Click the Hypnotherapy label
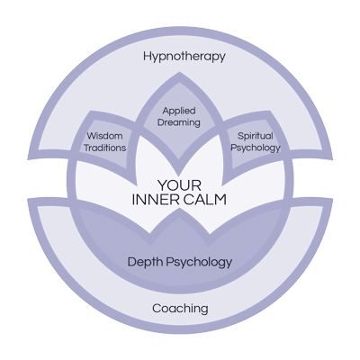pyautogui.click(x=184, y=57)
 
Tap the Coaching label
pyautogui.click(x=180, y=309)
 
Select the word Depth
pyautogui.click(x=146, y=263)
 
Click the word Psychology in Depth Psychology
pyautogui.click(x=199, y=263)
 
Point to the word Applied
pyautogui.click(x=179, y=112)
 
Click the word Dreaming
pyautogui.click(x=179, y=122)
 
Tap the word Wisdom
pyautogui.click(x=104, y=136)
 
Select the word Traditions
pyautogui.click(x=104, y=148)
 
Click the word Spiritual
pyautogui.click(x=256, y=137)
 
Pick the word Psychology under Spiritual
pyautogui.click(x=256, y=148)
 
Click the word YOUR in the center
pyautogui.click(x=179, y=185)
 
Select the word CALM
pyautogui.click(x=205, y=200)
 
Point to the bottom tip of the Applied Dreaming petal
pyautogui.click(x=179, y=175)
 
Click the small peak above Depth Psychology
pyautogui.click(x=179, y=209)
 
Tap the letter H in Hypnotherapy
pyautogui.click(x=148, y=56)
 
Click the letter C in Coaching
pyautogui.click(x=157, y=308)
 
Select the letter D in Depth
pyautogui.click(x=132, y=262)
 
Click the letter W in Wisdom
pyautogui.click(x=92, y=136)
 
